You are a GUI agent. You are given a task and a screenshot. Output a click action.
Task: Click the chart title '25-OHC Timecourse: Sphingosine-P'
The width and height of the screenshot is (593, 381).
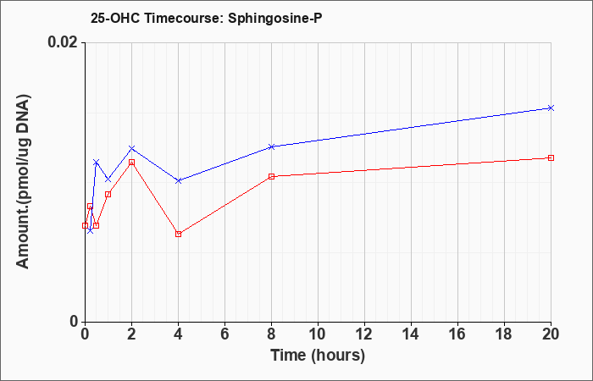[x=206, y=18]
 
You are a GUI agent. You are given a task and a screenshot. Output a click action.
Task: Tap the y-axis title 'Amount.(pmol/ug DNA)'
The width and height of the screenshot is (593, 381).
[x=23, y=182]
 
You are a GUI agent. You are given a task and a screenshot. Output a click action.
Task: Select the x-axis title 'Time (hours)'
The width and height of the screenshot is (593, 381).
[x=318, y=356]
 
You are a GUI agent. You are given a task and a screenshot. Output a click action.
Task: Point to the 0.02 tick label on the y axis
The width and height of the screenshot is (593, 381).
[x=64, y=42]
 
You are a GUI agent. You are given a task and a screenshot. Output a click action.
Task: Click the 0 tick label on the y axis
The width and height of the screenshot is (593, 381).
[x=75, y=322]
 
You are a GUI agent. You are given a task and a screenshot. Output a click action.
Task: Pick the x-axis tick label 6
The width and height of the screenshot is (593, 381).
[x=224, y=334]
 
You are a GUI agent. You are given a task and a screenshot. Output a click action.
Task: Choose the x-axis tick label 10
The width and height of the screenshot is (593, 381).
[x=318, y=334]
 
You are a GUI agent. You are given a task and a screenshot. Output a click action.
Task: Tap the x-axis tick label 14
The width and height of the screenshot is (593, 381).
[x=411, y=334]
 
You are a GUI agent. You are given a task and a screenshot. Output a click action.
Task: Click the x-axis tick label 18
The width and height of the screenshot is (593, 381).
[x=504, y=334]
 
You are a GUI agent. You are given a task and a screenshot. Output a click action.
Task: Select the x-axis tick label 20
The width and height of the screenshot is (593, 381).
[x=551, y=334]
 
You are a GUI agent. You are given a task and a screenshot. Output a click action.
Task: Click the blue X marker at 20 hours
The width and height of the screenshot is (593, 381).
[x=551, y=108]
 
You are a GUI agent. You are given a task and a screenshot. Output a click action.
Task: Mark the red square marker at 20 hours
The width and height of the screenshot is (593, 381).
[x=551, y=157]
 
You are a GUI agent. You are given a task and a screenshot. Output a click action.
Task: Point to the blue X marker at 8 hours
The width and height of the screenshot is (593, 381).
[x=271, y=146]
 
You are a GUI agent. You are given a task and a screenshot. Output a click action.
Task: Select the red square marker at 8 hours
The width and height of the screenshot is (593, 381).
[x=271, y=176]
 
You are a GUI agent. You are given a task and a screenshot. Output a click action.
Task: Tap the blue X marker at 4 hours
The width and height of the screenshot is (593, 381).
[x=179, y=180]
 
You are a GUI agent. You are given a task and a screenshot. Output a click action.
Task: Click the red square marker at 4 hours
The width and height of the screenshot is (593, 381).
[x=179, y=234]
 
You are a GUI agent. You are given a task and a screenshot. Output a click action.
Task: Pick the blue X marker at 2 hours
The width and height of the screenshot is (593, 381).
[x=131, y=148]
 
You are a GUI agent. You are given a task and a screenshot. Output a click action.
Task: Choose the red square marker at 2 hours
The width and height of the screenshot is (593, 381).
[x=131, y=163]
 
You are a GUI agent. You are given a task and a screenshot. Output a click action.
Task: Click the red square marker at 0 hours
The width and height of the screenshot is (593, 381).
[x=85, y=226]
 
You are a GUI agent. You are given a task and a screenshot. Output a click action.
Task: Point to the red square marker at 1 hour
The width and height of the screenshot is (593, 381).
[x=108, y=194]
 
